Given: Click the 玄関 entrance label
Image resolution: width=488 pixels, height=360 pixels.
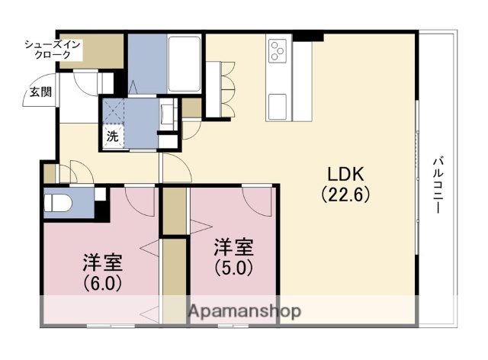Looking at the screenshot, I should [x=40, y=92].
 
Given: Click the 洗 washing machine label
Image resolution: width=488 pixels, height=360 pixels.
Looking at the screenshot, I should [x=112, y=138].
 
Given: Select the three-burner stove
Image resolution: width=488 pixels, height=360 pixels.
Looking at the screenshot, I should [x=277, y=52].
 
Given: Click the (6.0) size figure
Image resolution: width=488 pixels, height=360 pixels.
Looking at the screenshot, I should [x=101, y=282].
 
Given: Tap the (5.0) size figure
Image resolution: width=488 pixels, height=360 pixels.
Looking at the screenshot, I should [x=233, y=268].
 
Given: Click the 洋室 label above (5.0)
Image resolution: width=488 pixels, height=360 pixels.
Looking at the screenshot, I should [x=233, y=248].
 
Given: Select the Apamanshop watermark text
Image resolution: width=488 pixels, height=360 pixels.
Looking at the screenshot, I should [x=243, y=311].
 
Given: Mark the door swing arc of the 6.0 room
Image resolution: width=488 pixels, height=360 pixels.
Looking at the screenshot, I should [x=139, y=200].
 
